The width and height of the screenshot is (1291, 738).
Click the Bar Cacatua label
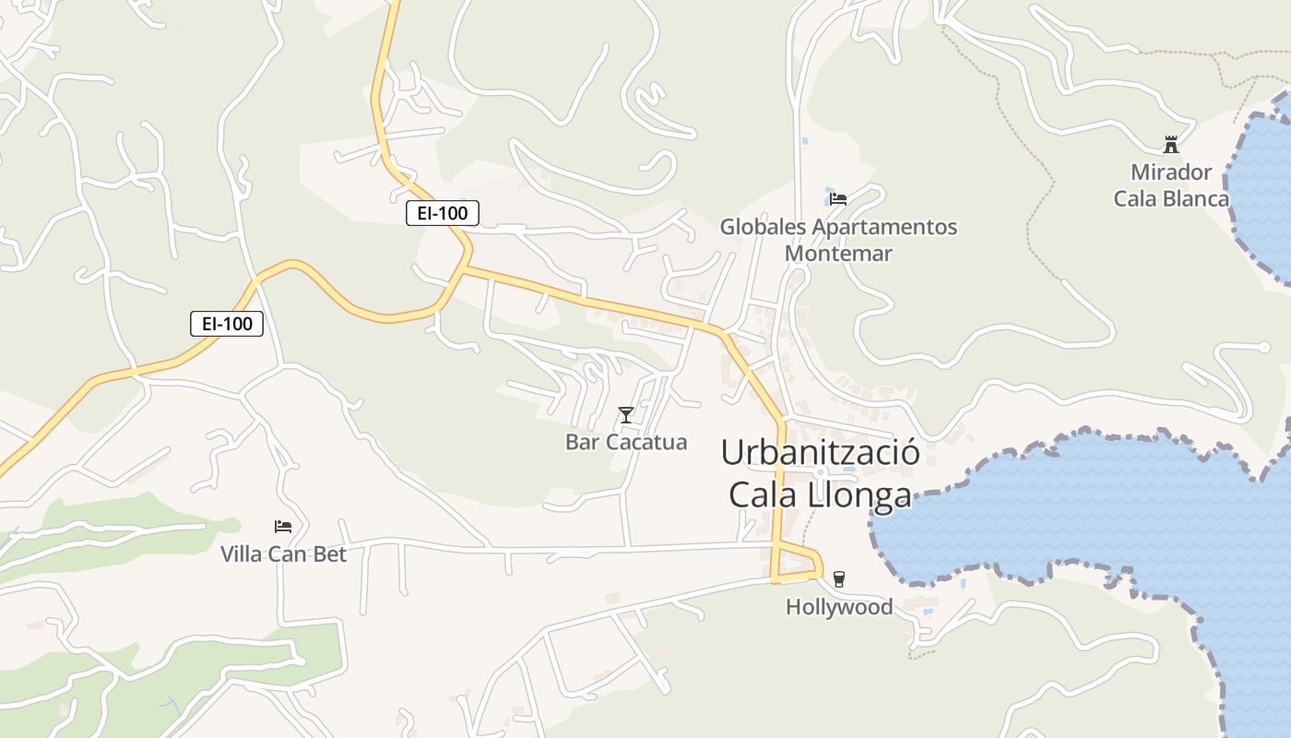click(x=626, y=442)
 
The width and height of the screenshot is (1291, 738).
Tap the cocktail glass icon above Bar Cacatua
click(x=626, y=415)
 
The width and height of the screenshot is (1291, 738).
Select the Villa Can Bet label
click(x=283, y=553)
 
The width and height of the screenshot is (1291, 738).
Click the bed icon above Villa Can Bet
click(x=283, y=527)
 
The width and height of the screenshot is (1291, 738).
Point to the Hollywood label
click(x=839, y=607)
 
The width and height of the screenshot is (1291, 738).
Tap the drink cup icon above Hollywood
click(x=838, y=579)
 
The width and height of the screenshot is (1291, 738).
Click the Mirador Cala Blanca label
click(x=1171, y=185)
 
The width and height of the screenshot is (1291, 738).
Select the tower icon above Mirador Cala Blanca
click(x=1171, y=145)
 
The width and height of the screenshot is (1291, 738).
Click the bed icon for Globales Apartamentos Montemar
click(x=838, y=198)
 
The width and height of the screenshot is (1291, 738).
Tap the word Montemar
click(x=838, y=253)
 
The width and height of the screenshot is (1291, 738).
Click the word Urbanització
click(x=820, y=453)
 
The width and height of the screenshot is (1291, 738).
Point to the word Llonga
click(x=859, y=495)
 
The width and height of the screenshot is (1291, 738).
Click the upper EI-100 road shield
click(x=443, y=213)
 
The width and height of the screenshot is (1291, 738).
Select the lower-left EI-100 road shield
click(x=227, y=324)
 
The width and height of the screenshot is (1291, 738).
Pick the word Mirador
click(x=1171, y=173)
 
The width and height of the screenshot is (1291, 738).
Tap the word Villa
click(x=241, y=553)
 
